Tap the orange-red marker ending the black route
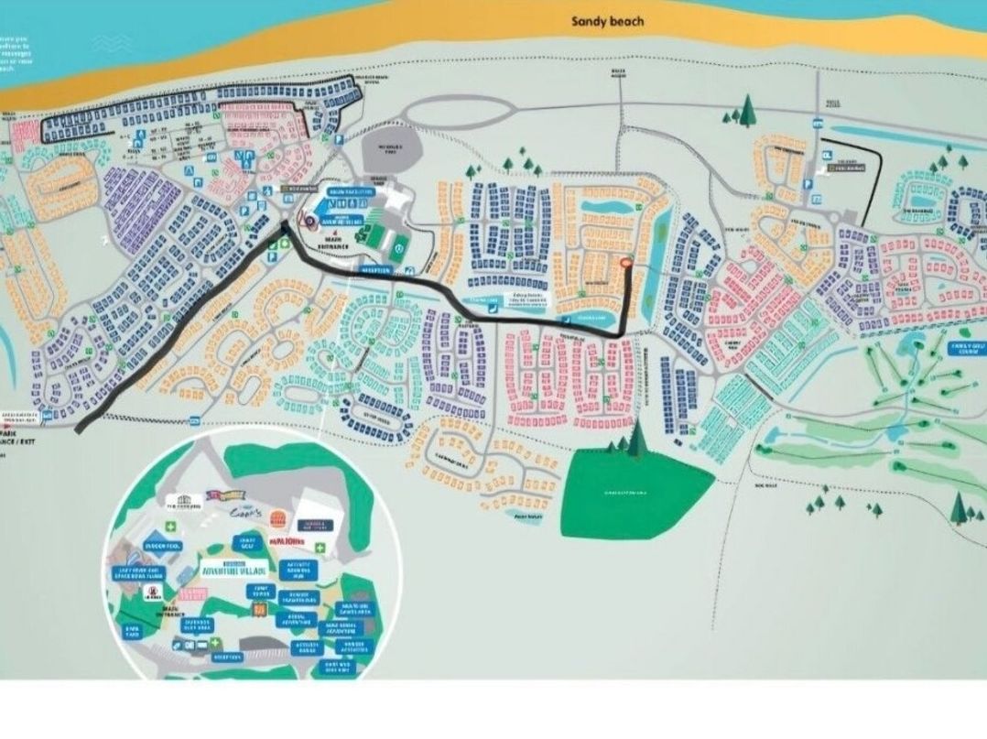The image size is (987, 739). [x=627, y=264]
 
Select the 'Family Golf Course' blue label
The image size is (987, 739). [x=963, y=347]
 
